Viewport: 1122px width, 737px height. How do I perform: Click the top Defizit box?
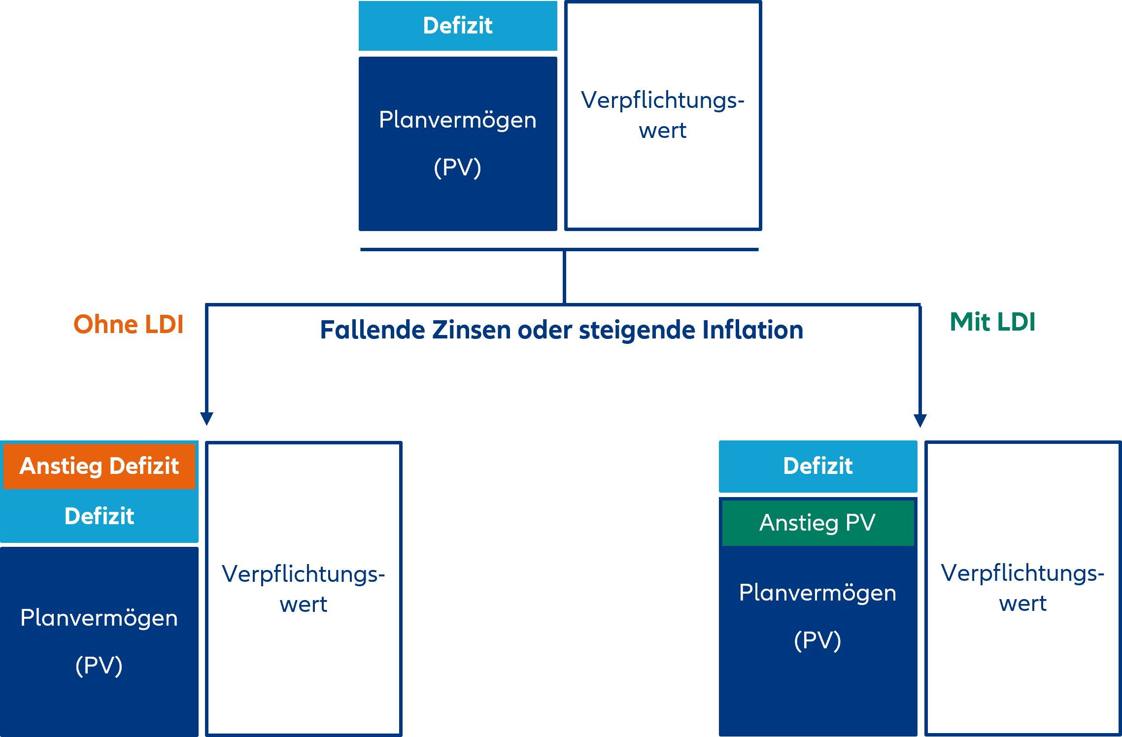point(457,26)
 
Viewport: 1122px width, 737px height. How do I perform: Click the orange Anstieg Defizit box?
point(99,466)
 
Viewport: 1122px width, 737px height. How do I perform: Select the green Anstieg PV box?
point(817,523)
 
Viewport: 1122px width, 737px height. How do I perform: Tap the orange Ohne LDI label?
point(128,324)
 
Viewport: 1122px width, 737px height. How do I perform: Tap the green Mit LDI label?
point(992,322)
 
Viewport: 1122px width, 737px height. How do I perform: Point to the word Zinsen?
point(471,330)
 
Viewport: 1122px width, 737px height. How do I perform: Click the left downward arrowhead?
point(206,419)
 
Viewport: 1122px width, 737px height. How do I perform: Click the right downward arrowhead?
point(920,420)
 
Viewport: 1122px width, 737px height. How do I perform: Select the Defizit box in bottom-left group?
point(99,516)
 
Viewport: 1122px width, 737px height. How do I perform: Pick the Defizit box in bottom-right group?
point(817,466)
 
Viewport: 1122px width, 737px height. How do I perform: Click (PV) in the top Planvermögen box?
point(457,167)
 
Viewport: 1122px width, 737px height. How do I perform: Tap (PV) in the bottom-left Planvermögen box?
point(99,666)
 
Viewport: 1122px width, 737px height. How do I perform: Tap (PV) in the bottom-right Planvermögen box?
point(817,640)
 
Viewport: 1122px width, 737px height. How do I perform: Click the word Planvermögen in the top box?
point(457,120)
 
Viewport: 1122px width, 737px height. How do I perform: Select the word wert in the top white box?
point(662,131)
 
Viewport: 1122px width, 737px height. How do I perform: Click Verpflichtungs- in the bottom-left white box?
point(303,574)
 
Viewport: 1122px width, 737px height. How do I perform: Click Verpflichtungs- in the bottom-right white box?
point(1022,573)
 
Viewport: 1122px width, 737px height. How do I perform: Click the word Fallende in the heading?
point(372,330)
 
